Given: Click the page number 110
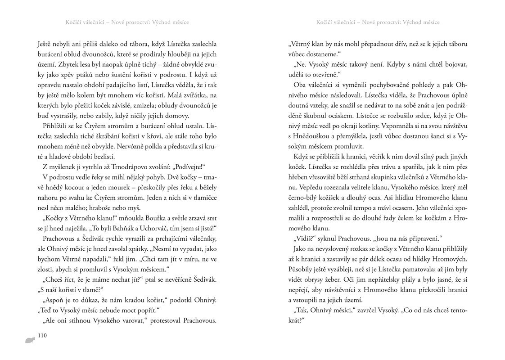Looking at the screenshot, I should pyautogui.click(x=42, y=335).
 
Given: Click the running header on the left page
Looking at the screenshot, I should pyautogui.click(x=127, y=22).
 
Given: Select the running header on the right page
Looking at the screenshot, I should pyautogui.click(x=377, y=22).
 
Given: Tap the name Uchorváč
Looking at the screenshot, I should pyautogui.click(x=179, y=228).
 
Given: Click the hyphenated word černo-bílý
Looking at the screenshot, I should pyautogui.click(x=306, y=198).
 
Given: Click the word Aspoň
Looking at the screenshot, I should pyautogui.click(x=53, y=300).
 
